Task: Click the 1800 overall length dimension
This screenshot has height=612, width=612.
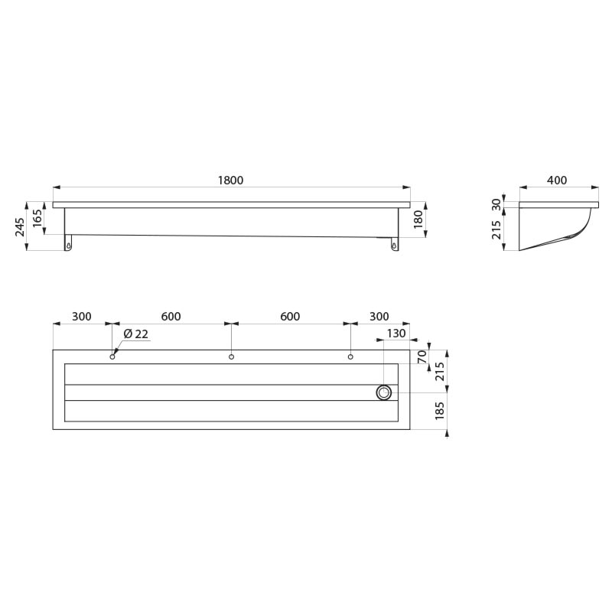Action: (x=230, y=180)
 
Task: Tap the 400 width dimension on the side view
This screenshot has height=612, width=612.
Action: (x=557, y=180)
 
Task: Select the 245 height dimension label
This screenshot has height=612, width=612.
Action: (x=20, y=226)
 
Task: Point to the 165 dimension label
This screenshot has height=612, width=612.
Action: (x=37, y=219)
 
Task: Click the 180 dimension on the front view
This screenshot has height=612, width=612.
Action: (x=418, y=219)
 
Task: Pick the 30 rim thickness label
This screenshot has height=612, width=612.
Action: (x=496, y=204)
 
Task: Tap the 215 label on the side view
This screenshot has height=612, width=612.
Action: (x=496, y=229)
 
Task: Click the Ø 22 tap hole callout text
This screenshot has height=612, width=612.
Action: (x=136, y=334)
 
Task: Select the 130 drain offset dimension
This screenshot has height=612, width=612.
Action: (x=396, y=334)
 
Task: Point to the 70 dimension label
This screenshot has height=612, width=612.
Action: (x=422, y=356)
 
